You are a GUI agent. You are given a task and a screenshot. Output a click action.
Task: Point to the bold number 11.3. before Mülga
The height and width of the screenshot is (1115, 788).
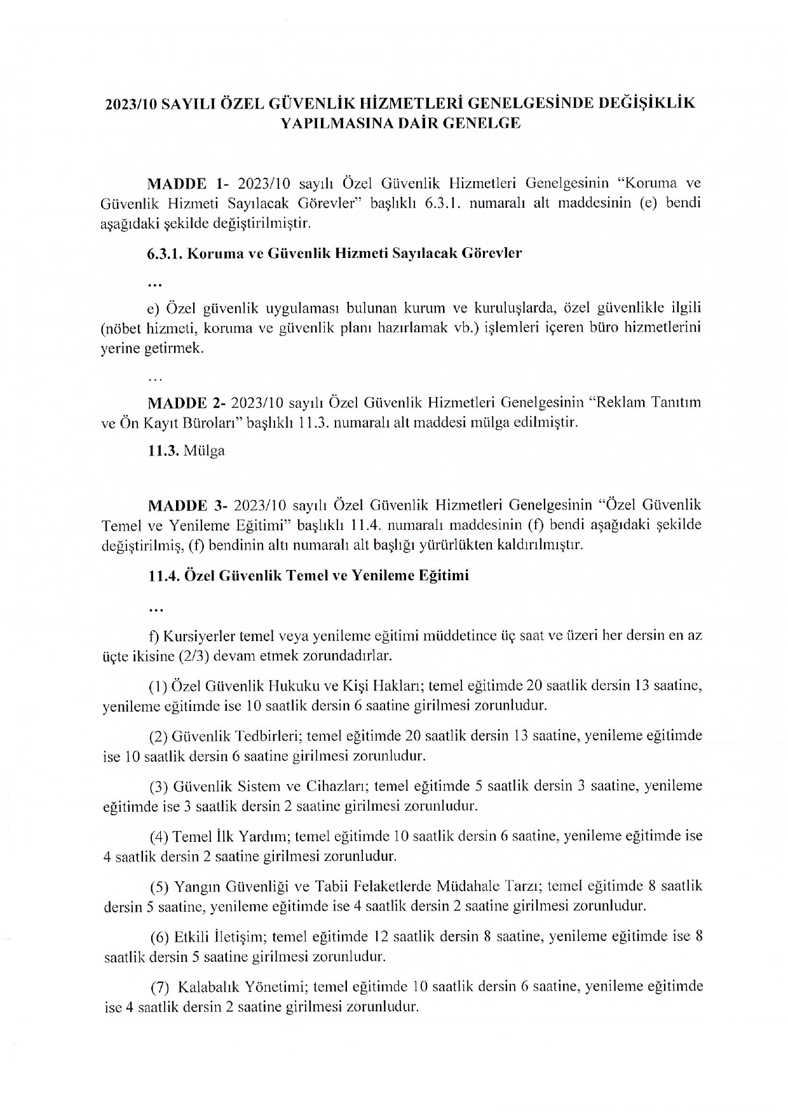click(x=163, y=452)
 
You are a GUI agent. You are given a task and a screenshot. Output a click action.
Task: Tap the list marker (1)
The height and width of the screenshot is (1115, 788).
click(x=158, y=686)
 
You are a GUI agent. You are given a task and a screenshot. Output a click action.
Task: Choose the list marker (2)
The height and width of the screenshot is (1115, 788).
click(x=158, y=736)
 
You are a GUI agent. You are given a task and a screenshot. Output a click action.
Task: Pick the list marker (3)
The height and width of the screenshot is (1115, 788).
click(x=158, y=787)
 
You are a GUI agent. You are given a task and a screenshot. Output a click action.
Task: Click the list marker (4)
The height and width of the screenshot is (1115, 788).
click(x=158, y=836)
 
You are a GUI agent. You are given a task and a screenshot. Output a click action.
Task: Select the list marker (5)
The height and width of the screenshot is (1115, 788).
click(x=158, y=886)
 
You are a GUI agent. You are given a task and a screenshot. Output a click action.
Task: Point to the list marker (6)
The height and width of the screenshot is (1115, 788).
click(x=158, y=936)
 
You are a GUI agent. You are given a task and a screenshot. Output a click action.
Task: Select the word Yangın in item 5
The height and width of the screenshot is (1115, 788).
click(x=194, y=887)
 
